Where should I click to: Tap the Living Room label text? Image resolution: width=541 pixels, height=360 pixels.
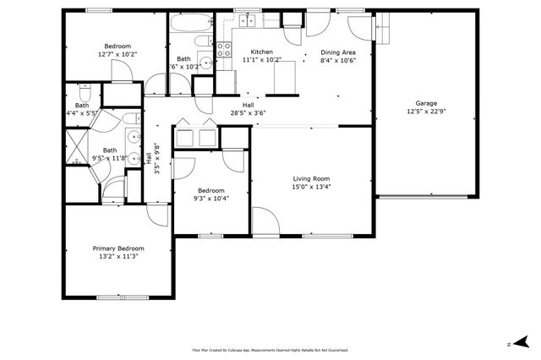[311, 178]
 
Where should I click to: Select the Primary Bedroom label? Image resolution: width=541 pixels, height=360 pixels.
[118, 248]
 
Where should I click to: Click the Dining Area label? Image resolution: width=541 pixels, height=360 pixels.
[337, 52]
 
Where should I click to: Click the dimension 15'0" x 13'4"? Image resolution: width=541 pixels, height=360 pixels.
[311, 187]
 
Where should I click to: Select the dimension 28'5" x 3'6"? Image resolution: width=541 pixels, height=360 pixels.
[249, 111]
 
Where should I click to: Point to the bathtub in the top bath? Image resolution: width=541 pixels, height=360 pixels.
[184, 41]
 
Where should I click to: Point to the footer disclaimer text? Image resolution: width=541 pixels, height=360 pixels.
[270, 350]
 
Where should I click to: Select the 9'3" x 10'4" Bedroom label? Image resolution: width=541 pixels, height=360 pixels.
[210, 194]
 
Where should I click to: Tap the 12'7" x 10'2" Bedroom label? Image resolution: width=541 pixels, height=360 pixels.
[117, 50]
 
